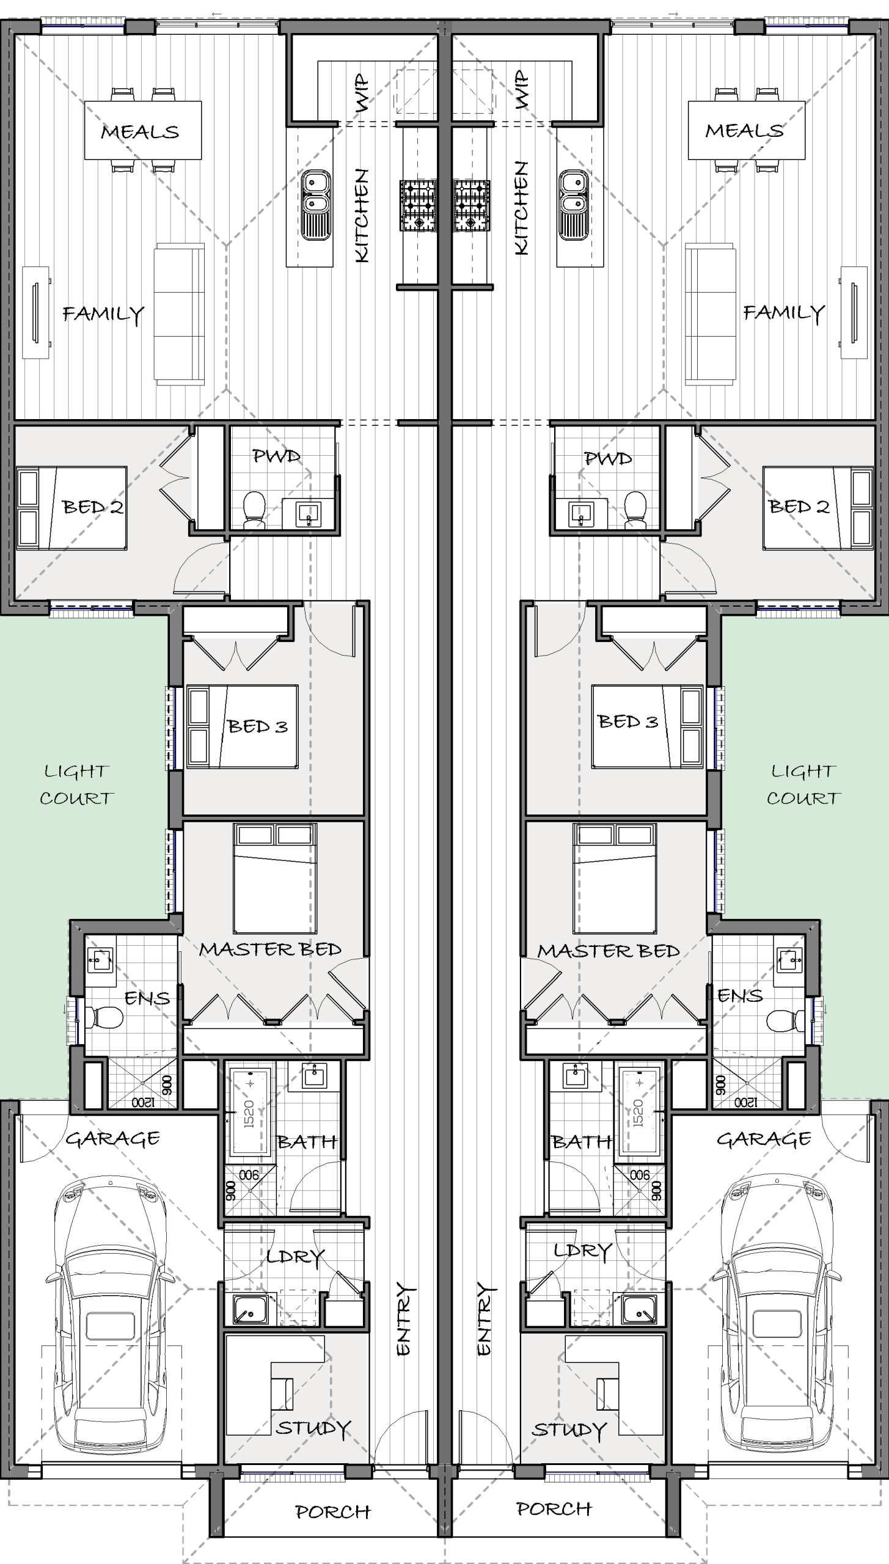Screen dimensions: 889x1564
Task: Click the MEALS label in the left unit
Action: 140,131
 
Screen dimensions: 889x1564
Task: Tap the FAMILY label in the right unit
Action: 784,313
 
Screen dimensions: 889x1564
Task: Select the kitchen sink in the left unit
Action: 316,204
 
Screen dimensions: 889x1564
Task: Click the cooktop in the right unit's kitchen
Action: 471,205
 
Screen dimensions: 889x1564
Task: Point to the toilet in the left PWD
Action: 254,510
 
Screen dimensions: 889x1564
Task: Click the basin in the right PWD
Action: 581,514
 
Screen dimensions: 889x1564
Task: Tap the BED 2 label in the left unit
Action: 93,506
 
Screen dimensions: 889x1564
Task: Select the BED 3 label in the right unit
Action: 628,722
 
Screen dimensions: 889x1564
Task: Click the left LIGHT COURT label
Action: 76,784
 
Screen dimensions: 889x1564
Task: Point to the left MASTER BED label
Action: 270,949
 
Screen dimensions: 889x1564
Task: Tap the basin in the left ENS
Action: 100,960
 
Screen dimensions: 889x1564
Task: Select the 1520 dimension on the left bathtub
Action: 249,1114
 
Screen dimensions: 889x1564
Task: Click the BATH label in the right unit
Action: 581,1141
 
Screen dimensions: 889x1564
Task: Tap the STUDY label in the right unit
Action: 569,1430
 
